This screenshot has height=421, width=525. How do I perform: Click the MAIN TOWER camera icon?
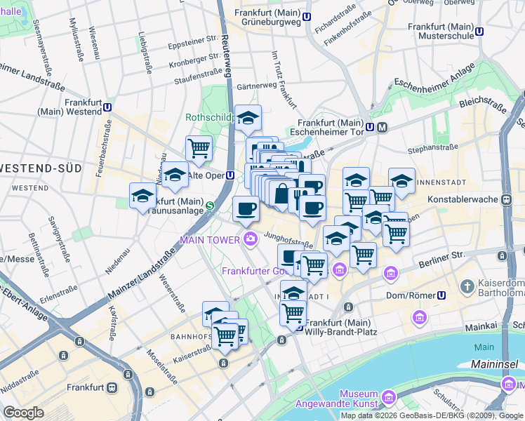[251, 240]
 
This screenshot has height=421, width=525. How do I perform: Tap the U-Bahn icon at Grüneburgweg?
[307, 16]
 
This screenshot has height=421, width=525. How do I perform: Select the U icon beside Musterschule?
[479, 31]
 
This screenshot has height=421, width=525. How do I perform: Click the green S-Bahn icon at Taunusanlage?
[210, 206]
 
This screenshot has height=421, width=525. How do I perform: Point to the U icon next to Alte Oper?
[230, 175]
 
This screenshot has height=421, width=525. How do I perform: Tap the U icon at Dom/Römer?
[441, 295]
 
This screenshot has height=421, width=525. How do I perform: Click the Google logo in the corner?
[23, 413]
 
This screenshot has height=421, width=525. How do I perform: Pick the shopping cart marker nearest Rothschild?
[199, 149]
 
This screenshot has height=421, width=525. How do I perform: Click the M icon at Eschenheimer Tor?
[382, 127]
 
